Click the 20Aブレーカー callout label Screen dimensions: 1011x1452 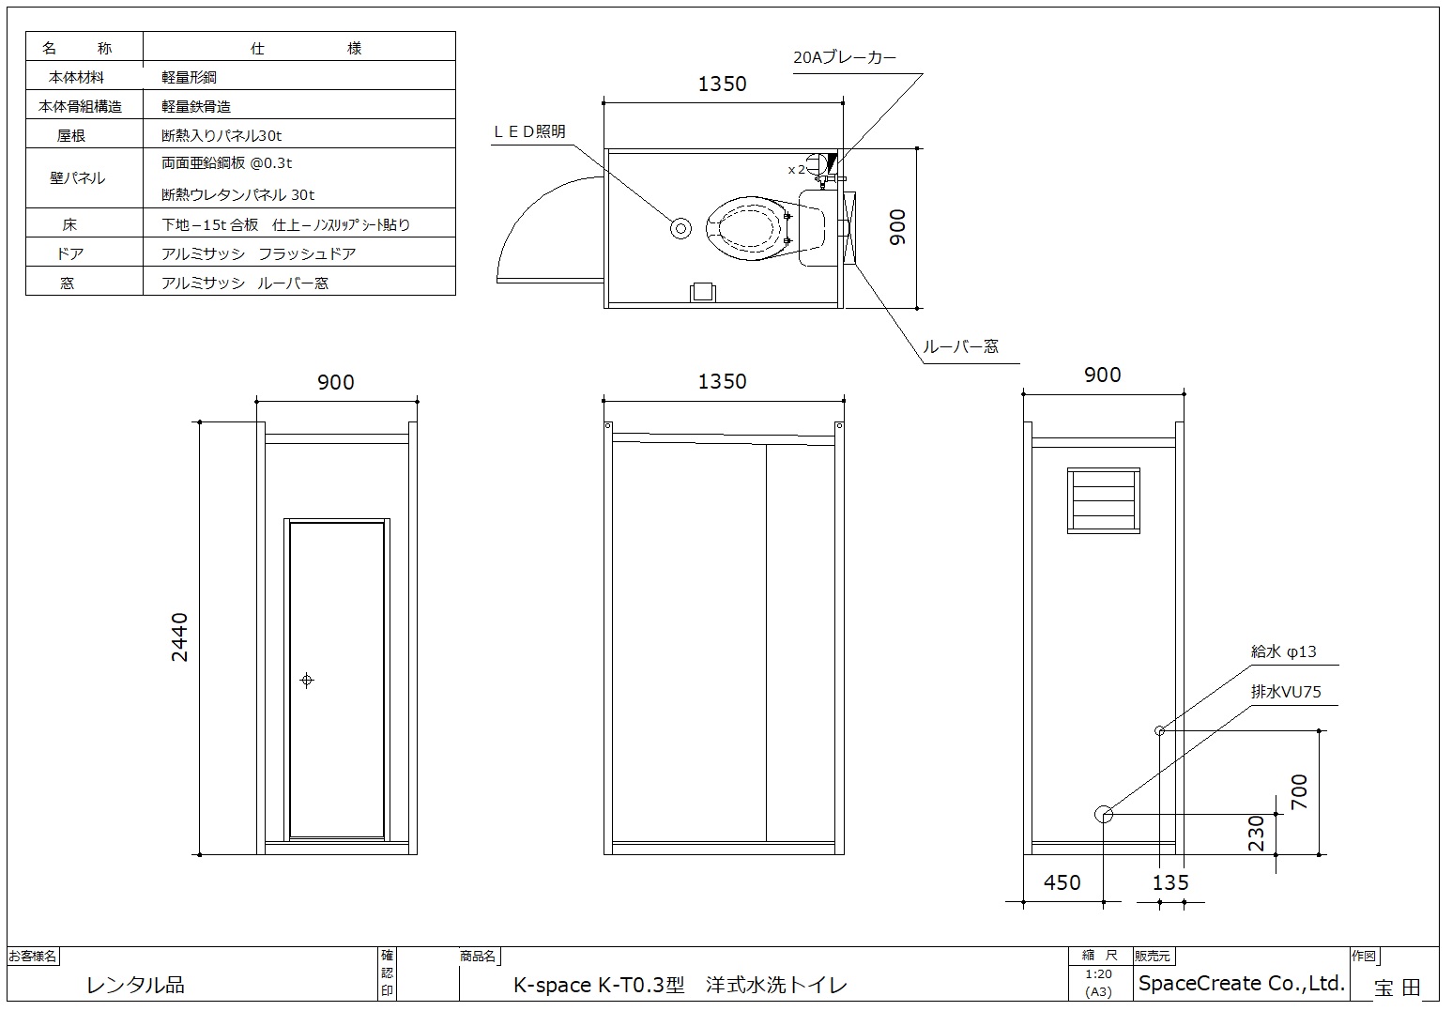pyautogui.click(x=844, y=58)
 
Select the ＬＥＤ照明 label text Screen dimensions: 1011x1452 pyautogui.click(x=529, y=131)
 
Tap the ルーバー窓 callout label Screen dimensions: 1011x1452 pyautogui.click(x=959, y=346)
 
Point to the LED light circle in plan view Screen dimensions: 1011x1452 pyautogui.click(x=680, y=228)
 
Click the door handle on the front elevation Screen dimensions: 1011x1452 pyautogui.click(x=307, y=680)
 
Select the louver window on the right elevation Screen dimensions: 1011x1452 pyautogui.click(x=1104, y=500)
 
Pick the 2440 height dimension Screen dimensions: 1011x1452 pyautogui.click(x=179, y=636)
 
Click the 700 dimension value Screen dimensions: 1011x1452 pyautogui.click(x=1298, y=790)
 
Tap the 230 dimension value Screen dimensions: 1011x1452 pyautogui.click(x=1256, y=833)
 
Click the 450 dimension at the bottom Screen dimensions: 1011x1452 pyautogui.click(x=1062, y=882)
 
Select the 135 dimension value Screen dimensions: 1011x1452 pyautogui.click(x=1169, y=882)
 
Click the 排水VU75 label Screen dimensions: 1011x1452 pyautogui.click(x=1285, y=692)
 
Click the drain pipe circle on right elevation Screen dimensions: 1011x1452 pyautogui.click(x=1104, y=814)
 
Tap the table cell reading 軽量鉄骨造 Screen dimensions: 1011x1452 pyautogui.click(x=196, y=106)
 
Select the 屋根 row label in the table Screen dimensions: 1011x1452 pyautogui.click(x=71, y=135)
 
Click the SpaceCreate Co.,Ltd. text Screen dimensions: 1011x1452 pyautogui.click(x=1241, y=984)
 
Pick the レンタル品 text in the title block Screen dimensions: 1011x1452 pyautogui.click(x=135, y=985)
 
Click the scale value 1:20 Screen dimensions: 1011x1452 pyautogui.click(x=1098, y=974)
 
